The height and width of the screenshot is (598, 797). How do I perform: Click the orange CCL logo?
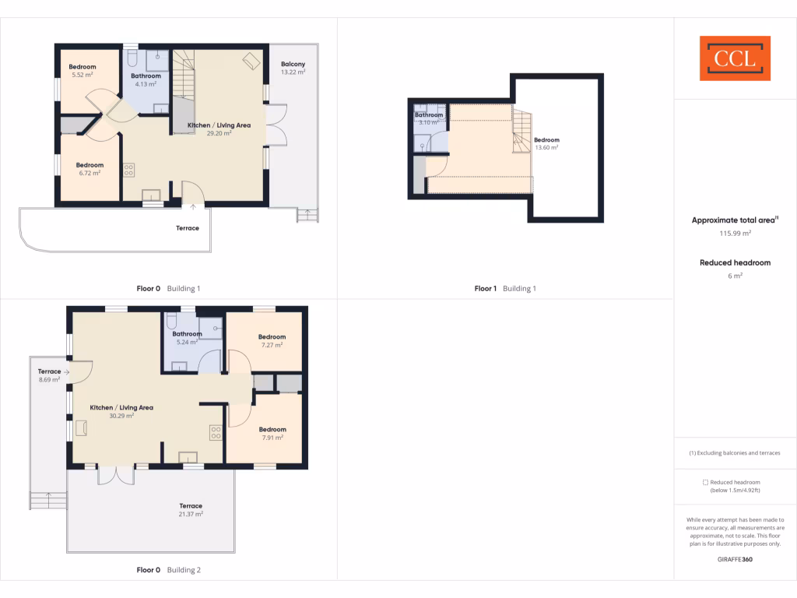click(x=735, y=58)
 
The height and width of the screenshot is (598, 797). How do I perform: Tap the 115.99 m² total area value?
click(x=735, y=233)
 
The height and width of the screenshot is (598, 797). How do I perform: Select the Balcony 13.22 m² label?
click(x=293, y=68)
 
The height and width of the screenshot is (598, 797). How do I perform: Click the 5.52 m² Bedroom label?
click(x=83, y=71)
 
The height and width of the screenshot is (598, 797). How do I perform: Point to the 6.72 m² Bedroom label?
click(x=90, y=169)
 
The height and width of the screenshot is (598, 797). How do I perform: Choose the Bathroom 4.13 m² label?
click(x=146, y=79)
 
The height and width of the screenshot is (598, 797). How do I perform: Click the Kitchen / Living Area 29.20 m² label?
click(x=219, y=128)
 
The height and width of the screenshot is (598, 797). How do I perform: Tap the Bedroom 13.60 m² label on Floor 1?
click(x=546, y=143)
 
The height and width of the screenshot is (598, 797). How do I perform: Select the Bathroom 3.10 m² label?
click(x=429, y=118)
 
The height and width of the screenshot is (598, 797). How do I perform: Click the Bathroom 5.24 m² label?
click(x=187, y=338)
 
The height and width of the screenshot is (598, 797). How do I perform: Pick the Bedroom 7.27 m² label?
click(x=272, y=340)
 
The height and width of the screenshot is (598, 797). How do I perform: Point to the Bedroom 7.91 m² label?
click(x=272, y=433)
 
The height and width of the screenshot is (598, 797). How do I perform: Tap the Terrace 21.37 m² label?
click(x=191, y=509)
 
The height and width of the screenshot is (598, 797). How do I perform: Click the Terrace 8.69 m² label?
click(x=50, y=375)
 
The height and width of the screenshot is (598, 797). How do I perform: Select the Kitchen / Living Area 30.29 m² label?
click(x=121, y=411)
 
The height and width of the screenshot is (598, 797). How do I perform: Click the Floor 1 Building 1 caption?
click(x=505, y=289)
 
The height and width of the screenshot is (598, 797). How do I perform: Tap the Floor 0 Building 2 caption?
click(x=168, y=570)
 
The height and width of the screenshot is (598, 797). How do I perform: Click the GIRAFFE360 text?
click(x=735, y=559)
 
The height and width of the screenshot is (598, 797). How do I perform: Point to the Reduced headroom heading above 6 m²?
click(x=735, y=263)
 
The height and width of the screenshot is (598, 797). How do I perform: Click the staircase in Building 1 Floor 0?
click(x=183, y=78)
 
